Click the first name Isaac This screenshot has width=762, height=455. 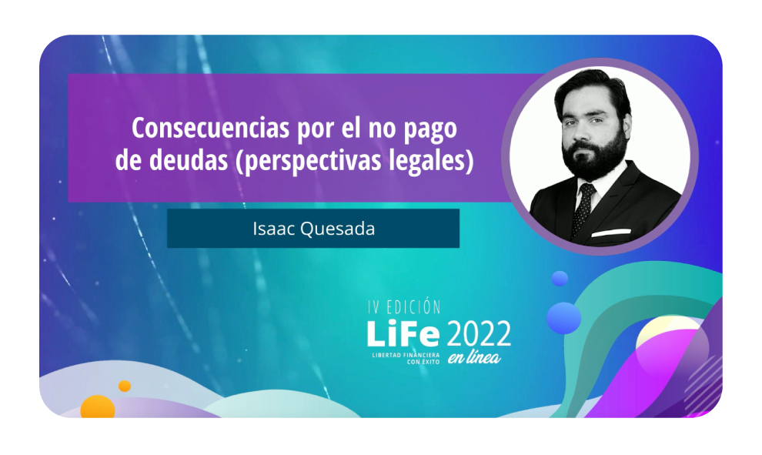[270, 229]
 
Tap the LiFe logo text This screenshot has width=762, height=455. [403, 334]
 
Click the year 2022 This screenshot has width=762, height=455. [479, 333]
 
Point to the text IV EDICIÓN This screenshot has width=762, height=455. [403, 307]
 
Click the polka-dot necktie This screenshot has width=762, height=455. [583, 206]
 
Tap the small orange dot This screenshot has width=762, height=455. [125, 386]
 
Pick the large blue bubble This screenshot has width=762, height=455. [564, 317]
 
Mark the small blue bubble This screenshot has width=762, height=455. [560, 279]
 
